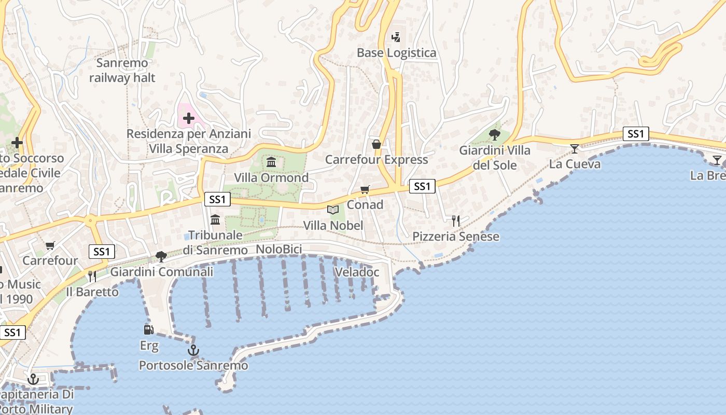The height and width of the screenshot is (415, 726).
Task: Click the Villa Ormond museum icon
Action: pyautogui.click(x=271, y=162)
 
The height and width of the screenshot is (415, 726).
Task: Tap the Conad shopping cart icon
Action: pyautogui.click(x=365, y=190)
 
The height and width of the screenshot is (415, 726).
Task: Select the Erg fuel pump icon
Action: pyautogui.click(x=149, y=329)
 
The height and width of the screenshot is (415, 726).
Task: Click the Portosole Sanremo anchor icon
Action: pyautogui.click(x=193, y=351)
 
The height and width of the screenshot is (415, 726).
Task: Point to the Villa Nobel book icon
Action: pyautogui.click(x=333, y=210)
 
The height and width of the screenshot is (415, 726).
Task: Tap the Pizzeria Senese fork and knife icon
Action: pyautogui.click(x=456, y=221)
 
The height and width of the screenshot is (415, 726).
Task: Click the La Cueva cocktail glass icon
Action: pyautogui.click(x=575, y=149)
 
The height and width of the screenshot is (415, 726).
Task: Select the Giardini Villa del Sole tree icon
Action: pyautogui.click(x=495, y=135)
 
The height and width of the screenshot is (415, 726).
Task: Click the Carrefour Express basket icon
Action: pyautogui.click(x=376, y=144)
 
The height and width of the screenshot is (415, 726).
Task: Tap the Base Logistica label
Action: pyautogui.click(x=397, y=53)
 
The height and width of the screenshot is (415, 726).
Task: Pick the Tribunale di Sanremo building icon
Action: pyautogui.click(x=215, y=219)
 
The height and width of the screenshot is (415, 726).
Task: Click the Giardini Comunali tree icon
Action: pyautogui.click(x=161, y=256)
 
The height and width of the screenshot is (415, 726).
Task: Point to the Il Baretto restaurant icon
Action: pyautogui.click(x=92, y=276)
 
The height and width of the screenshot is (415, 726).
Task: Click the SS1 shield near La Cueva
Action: pyautogui.click(x=636, y=134)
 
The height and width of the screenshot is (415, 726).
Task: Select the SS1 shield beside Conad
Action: pyautogui.click(x=422, y=186)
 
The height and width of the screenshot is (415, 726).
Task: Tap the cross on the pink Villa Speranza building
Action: pyautogui.click(x=189, y=118)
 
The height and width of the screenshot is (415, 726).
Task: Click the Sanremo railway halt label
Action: pyautogui.click(x=122, y=71)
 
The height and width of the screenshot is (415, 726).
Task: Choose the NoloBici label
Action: pyautogui.click(x=279, y=250)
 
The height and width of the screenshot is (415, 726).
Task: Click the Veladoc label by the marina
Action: pyautogui.click(x=357, y=272)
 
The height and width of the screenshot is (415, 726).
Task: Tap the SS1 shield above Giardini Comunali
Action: pyautogui.click(x=102, y=252)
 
